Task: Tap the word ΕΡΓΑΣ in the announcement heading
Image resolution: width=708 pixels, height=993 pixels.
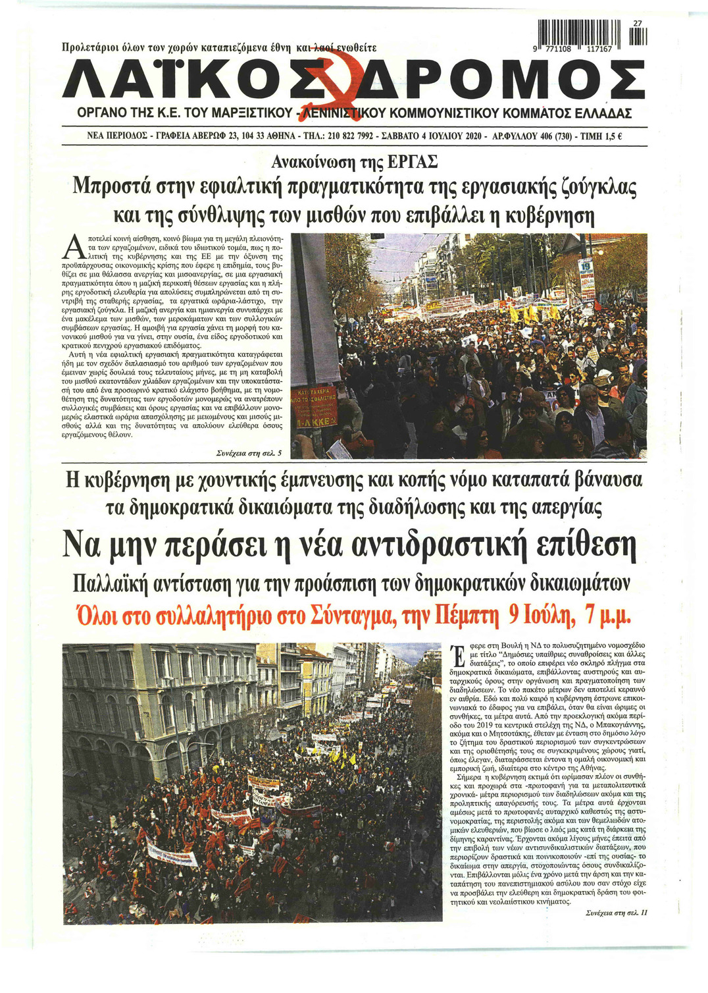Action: [x=412, y=162]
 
